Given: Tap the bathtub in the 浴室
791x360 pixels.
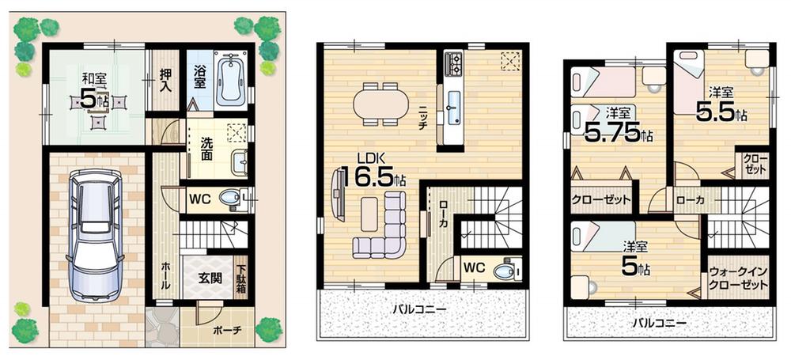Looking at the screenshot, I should coord(230,79).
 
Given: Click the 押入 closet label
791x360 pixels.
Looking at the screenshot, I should coord(165,79).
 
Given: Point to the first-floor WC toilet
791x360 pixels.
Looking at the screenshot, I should coord(231,199).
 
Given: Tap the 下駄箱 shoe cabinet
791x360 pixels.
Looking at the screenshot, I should coord(240,279).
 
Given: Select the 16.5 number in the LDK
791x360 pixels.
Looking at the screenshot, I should coord(366,176).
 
